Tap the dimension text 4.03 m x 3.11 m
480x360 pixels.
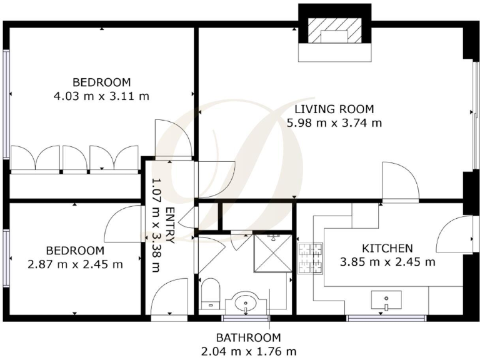(x=102, y=96)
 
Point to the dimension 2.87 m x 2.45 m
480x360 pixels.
(x=76, y=264)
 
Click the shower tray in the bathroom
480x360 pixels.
(x=272, y=254)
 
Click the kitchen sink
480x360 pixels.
(x=386, y=301)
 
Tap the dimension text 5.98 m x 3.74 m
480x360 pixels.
(x=334, y=123)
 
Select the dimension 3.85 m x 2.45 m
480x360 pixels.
(x=386, y=262)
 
